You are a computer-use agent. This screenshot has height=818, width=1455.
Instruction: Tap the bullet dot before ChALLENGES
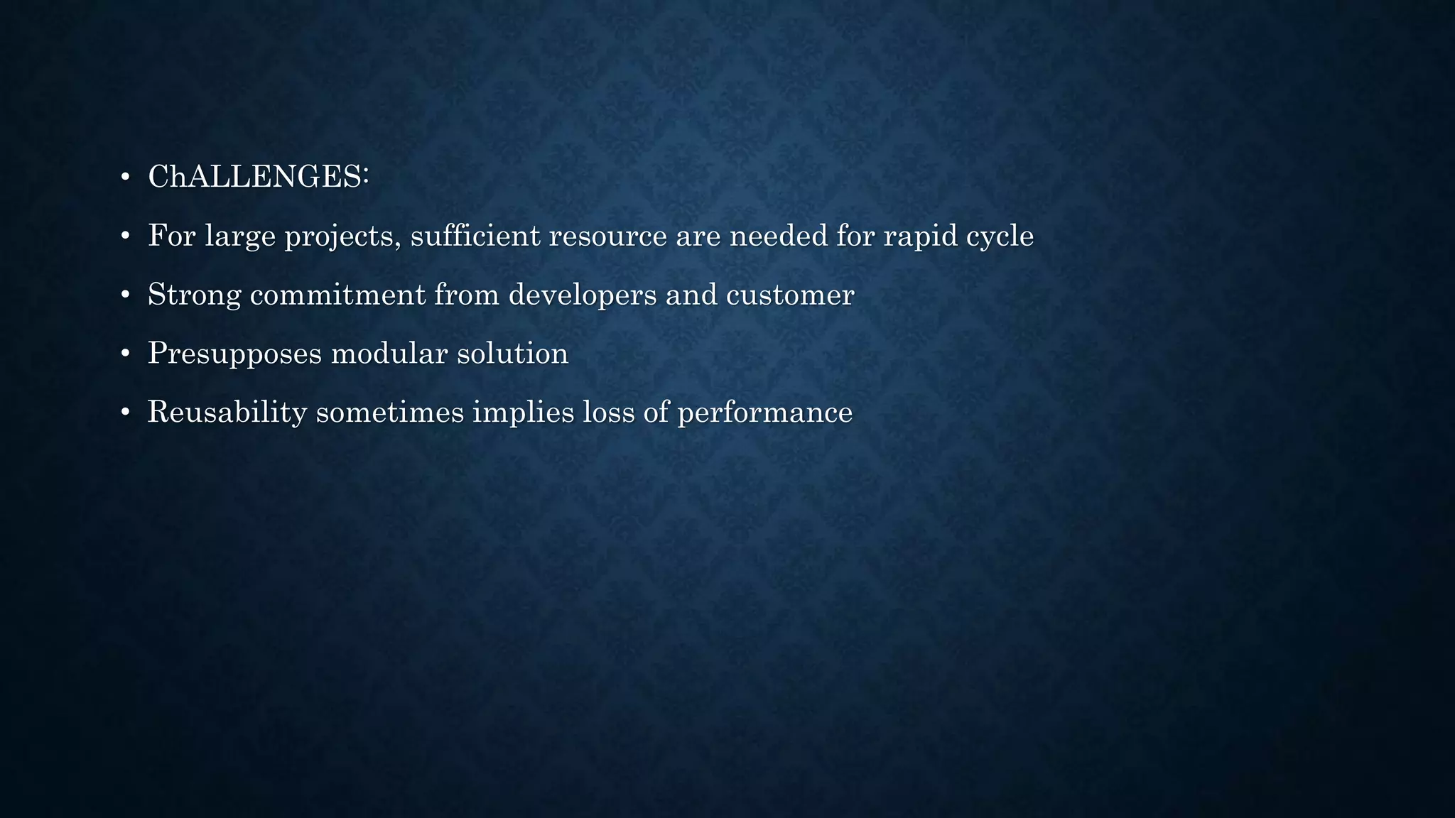[125, 177]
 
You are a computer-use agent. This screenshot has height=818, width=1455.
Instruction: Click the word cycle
[1000, 236]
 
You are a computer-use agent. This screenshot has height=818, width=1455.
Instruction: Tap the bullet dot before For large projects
[125, 236]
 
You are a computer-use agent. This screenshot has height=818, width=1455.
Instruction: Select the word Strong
[194, 295]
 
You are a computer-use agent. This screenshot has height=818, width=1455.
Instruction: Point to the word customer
[789, 295]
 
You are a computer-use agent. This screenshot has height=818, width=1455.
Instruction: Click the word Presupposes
[234, 354]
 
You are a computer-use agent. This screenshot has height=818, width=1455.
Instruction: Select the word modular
[389, 354]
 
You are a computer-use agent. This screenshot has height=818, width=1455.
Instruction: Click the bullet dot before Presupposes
[125, 354]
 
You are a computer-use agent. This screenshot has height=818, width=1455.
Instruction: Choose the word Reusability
[227, 413]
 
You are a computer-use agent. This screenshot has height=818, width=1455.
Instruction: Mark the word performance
[765, 413]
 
